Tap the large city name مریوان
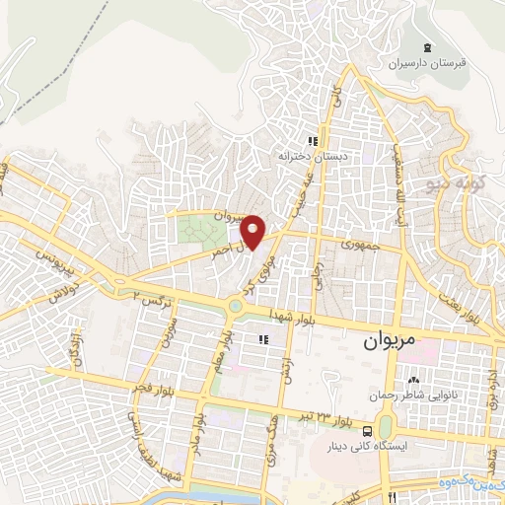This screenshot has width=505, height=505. tap(378, 346)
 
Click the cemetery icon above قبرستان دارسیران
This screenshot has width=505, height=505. tap(426, 48)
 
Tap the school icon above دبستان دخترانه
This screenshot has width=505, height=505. tap(313, 140)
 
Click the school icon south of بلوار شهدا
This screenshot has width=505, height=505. tap(262, 339)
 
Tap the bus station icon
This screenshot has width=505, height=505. tap(367, 430)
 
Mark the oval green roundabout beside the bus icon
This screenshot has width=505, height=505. tap(386, 426)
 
